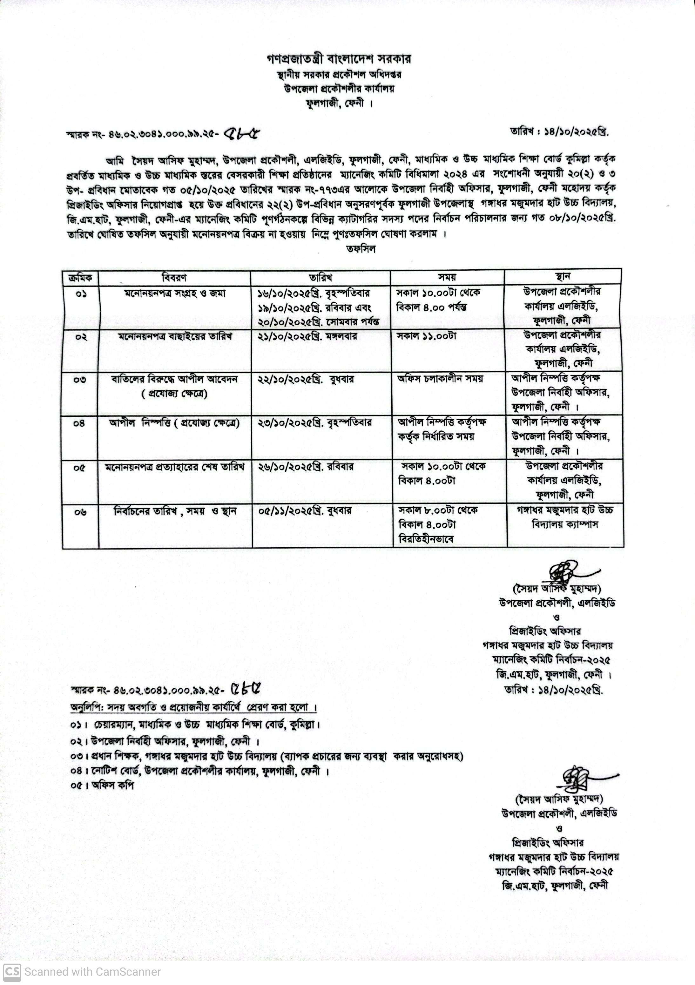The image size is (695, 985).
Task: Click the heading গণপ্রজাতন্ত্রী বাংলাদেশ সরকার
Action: (339, 59)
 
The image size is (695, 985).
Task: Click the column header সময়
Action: (447, 277)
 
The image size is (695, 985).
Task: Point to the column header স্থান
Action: (563, 276)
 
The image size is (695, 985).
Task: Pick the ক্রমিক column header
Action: (80, 278)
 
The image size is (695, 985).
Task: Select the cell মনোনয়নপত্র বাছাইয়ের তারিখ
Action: (175, 337)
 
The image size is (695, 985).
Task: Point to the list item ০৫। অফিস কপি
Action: (103, 786)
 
